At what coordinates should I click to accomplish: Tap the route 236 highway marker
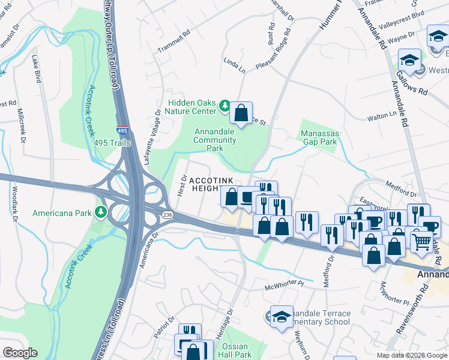[x=167, y=214]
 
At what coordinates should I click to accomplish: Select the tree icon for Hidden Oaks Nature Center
[x=224, y=106]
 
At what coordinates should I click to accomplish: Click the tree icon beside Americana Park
[x=102, y=212]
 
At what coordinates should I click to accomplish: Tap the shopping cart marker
[x=423, y=241]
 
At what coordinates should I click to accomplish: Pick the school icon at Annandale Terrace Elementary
[x=280, y=316]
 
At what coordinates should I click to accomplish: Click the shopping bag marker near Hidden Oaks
[x=241, y=112]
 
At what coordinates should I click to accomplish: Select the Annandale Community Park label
[x=214, y=140]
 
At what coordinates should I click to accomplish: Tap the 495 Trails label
[x=112, y=143]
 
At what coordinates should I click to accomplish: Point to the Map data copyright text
[x=411, y=355]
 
